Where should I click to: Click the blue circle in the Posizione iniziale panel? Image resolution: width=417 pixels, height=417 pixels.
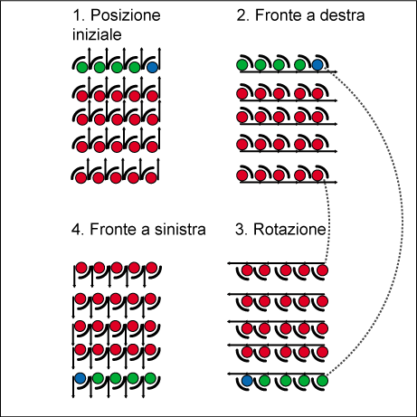coord(152,67)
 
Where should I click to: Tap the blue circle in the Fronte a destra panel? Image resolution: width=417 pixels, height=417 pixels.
coord(317,65)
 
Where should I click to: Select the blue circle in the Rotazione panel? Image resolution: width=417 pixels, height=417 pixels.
coord(247,381)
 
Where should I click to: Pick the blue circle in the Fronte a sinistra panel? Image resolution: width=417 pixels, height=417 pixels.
coord(81,378)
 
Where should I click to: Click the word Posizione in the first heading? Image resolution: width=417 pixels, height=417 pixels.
coord(126,15)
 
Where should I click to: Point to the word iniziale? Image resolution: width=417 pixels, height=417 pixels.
coord(97,34)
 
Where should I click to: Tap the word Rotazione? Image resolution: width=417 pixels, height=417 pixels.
coord(289,229)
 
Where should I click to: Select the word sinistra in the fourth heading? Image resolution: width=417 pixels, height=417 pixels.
coord(180,229)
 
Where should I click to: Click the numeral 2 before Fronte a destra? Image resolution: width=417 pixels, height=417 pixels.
coord(241,15)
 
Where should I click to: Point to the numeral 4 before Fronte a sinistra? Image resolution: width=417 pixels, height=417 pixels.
coord(76,229)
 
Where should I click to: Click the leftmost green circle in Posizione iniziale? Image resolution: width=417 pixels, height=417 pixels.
coord(82,67)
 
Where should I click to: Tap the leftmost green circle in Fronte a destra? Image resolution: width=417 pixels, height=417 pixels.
coord(242,65)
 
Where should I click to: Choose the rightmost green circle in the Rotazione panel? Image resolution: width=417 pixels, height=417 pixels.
coord(322,381)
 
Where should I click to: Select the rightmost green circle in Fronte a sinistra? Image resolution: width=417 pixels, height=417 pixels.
coord(150,378)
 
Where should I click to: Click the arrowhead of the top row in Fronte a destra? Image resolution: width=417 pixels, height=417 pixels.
coord(336,71)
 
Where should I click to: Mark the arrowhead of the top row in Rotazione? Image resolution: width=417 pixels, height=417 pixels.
coord(230,263)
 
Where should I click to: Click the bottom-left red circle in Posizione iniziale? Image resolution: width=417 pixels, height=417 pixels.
coord(81,177)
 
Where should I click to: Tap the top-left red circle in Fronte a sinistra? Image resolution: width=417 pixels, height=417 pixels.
coord(81,268)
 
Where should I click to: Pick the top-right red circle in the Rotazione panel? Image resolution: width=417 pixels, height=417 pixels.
coord(322,270)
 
